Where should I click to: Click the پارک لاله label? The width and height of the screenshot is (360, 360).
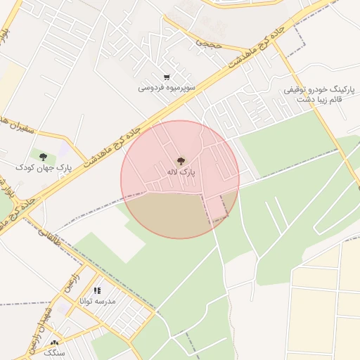[181, 172]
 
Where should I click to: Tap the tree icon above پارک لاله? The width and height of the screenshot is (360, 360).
[181, 161]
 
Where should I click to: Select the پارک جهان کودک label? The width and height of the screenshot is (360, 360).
[44, 167]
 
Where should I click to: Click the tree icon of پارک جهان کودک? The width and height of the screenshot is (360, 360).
[44, 157]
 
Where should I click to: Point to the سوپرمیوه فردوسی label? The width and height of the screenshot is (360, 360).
[166, 88]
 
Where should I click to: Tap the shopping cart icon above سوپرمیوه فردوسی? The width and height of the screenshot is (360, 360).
[166, 77]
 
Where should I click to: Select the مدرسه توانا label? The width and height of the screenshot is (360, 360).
[102, 301]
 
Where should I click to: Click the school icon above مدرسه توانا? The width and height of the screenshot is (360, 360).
[97, 290]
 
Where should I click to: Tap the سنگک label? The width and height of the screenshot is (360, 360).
[54, 352]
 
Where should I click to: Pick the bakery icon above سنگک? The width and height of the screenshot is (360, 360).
[54, 342]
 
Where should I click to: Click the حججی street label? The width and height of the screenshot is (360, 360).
[208, 43]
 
